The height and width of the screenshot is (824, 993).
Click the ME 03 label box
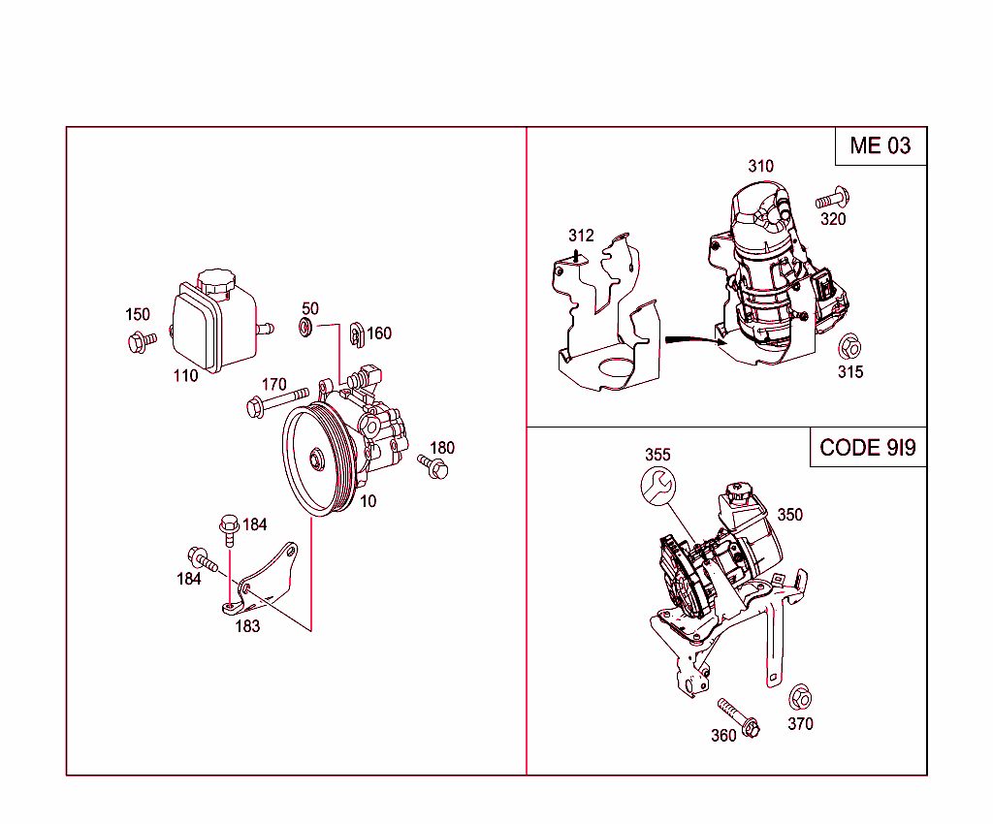pos(881,145)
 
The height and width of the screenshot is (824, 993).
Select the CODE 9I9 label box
pos(868,447)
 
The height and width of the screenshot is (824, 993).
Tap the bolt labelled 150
pos(141,340)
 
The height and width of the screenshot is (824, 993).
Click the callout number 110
pos(185,376)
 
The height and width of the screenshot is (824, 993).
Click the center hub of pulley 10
pos(316,459)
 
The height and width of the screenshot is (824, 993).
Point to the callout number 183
pos(247,626)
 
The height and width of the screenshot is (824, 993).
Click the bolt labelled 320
pos(832,200)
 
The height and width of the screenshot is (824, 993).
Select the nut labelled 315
pos(849,347)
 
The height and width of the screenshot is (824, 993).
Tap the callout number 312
pos(581,236)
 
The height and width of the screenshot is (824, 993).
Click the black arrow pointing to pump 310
pos(689,339)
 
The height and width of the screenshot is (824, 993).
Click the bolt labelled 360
pos(739,716)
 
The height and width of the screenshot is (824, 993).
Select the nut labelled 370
pos(800,698)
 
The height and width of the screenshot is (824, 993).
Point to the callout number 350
pos(789,515)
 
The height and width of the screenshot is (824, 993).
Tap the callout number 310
pos(760,166)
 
